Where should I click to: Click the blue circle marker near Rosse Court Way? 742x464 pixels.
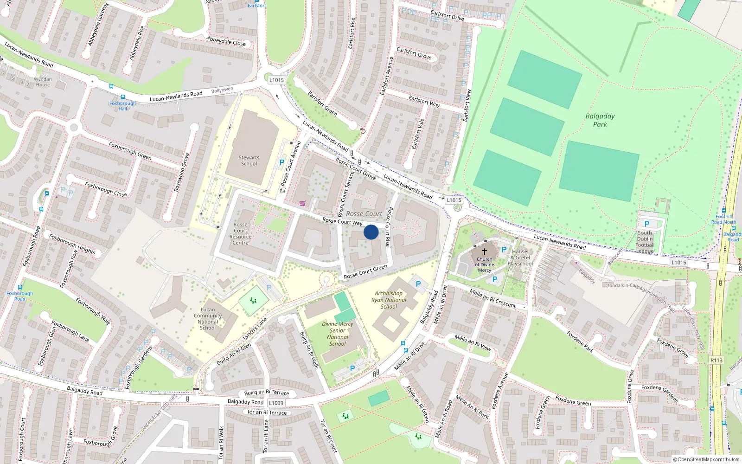(x=371, y=232)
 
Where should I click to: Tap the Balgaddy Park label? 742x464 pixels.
(x=600, y=120)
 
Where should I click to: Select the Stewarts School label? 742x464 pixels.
(x=249, y=161)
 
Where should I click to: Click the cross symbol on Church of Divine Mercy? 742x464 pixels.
(x=485, y=251)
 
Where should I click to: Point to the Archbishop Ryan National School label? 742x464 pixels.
(x=389, y=300)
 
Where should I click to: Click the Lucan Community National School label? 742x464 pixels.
(x=208, y=319)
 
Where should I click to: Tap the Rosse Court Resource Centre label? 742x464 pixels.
(x=240, y=233)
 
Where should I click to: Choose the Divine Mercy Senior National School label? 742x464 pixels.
(x=338, y=334)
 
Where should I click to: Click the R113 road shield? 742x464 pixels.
(x=716, y=361)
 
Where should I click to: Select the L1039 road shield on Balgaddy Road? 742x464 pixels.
(x=276, y=403)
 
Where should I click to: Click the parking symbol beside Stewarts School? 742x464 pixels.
(x=281, y=163)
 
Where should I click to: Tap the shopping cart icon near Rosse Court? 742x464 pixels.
(x=302, y=203)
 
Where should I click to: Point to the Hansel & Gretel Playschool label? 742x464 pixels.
(x=520, y=258)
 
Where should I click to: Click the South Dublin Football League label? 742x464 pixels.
(x=645, y=242)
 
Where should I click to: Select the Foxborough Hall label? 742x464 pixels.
(x=122, y=106)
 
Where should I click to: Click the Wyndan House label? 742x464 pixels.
(x=43, y=82)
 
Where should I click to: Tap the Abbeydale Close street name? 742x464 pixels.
(x=226, y=41)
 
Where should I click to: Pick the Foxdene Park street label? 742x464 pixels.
(x=580, y=342)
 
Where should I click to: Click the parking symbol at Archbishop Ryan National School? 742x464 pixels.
(x=418, y=284)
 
